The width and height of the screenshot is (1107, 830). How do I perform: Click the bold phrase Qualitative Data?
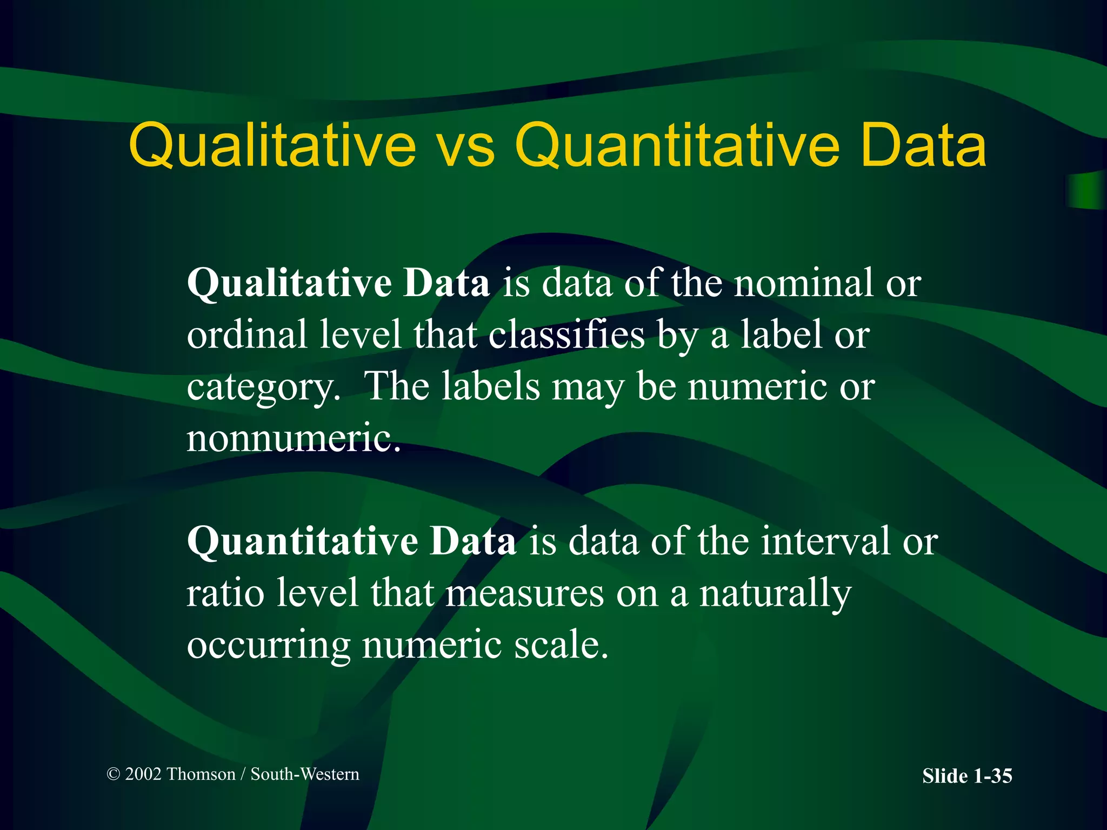click(x=338, y=283)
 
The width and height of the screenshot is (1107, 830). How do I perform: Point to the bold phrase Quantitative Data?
click(x=351, y=541)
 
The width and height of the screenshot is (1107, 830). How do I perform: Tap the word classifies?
click(x=567, y=336)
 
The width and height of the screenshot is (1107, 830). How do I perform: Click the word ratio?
click(x=225, y=593)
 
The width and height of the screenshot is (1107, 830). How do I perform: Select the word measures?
click(x=524, y=594)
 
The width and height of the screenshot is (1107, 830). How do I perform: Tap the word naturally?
click(x=775, y=594)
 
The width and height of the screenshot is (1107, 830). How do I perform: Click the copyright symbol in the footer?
click(x=113, y=774)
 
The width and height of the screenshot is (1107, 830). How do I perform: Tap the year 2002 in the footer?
click(x=143, y=774)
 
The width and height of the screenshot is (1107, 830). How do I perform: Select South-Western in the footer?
click(x=305, y=774)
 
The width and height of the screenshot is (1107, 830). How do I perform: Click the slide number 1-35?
click(x=992, y=776)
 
